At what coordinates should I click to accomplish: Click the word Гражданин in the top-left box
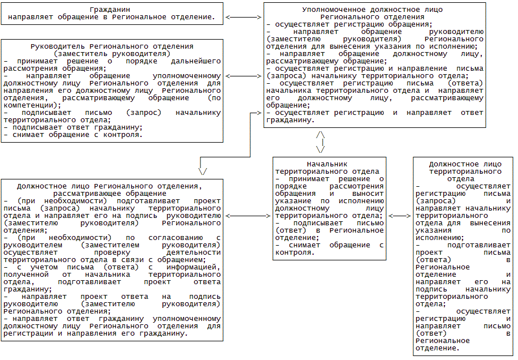point(112,10)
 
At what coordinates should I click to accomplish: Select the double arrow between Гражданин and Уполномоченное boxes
point(242,17)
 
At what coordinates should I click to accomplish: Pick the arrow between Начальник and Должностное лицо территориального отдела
point(400,216)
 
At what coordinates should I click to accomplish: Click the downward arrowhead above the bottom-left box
point(203,170)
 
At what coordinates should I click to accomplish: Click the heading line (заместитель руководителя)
point(112,53)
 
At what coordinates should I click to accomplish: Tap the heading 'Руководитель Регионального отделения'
point(112,46)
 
